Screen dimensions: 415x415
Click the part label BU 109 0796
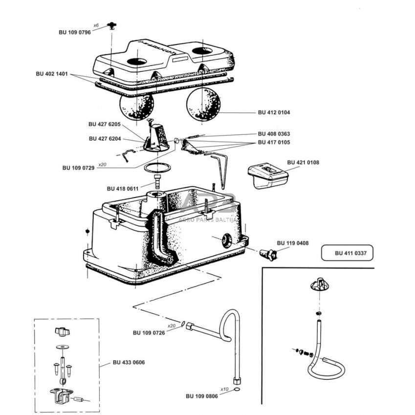[75, 33]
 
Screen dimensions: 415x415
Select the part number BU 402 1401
[52, 74]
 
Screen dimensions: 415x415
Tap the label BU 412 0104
[274, 113]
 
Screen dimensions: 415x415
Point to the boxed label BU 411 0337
[347, 254]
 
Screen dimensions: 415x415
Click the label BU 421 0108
[303, 162]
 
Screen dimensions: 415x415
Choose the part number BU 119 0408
[293, 243]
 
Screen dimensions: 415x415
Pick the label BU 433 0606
[129, 362]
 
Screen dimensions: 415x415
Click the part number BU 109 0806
[202, 396]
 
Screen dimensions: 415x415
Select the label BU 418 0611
[123, 188]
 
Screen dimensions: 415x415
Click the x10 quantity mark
[224, 389]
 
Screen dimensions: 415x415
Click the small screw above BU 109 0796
[113, 24]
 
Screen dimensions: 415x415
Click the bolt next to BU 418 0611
[157, 181]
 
